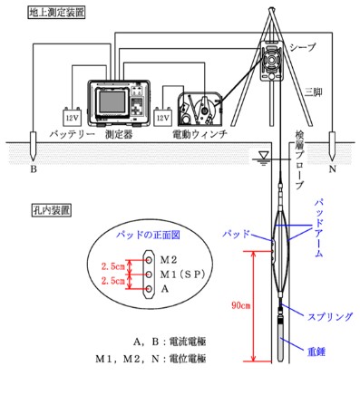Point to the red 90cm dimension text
(x=238, y=303)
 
